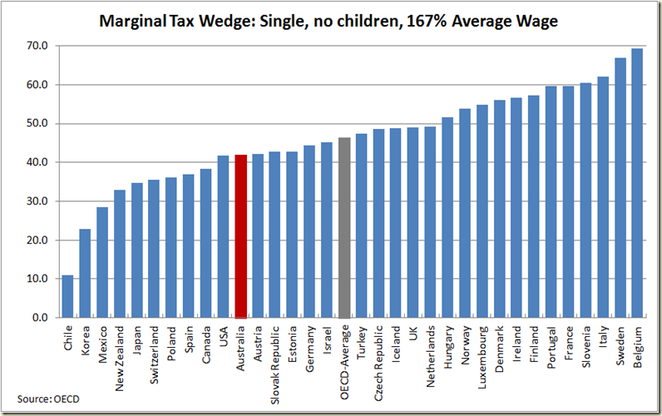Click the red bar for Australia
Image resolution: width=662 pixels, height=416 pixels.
[x=240, y=236]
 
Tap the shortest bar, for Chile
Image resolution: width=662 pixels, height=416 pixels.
[x=67, y=296]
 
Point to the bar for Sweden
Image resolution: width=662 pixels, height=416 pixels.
[x=620, y=188]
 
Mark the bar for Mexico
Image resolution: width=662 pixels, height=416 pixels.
[x=102, y=262]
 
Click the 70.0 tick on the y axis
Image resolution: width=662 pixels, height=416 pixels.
[x=37, y=46]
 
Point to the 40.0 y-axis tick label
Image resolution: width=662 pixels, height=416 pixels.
[x=37, y=162]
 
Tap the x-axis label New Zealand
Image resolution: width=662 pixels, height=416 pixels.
[x=120, y=355]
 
